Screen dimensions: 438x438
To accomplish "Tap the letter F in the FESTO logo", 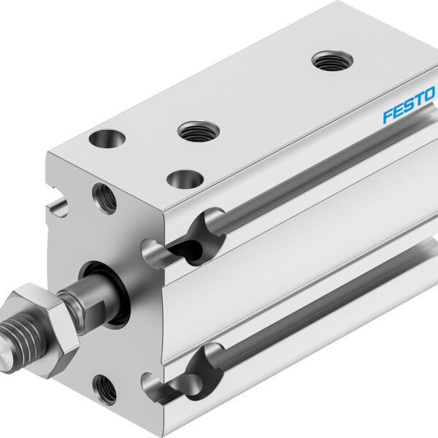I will point(388,115).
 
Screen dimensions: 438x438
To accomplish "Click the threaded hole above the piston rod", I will point(104,197).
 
